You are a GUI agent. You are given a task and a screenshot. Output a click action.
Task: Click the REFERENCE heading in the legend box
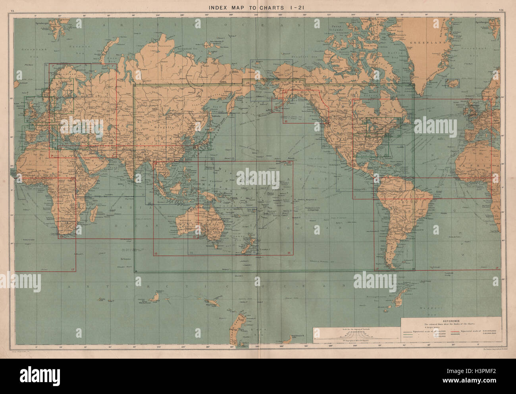452,321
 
